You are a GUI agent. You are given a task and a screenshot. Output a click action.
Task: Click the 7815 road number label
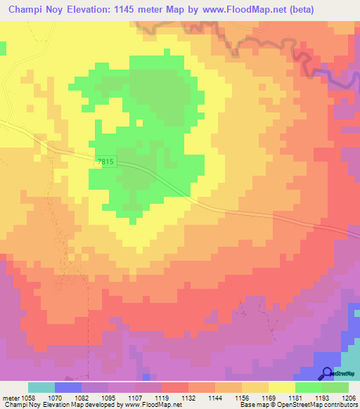(x=105, y=162)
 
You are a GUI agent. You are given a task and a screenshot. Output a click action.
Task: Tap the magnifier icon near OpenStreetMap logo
(x=328, y=373)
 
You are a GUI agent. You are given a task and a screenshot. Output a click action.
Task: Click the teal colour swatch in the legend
(x=41, y=387)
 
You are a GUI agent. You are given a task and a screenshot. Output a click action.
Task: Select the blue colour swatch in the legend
(x=68, y=387)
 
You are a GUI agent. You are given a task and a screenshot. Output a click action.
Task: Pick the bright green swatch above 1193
(x=308, y=387)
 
